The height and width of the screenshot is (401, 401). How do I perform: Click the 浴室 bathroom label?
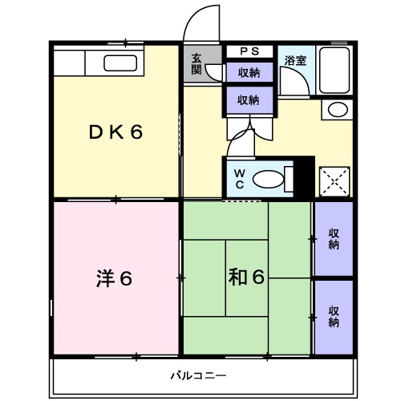(x=296, y=59)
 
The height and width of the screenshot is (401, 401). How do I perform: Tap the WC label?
(x=240, y=179)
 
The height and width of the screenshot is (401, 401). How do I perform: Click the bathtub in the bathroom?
(x=335, y=71)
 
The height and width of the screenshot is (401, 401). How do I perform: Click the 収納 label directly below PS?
(x=248, y=73)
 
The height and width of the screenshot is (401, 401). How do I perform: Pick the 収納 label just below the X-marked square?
(x=333, y=239)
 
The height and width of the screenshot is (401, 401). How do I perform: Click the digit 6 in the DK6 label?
(x=137, y=132)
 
